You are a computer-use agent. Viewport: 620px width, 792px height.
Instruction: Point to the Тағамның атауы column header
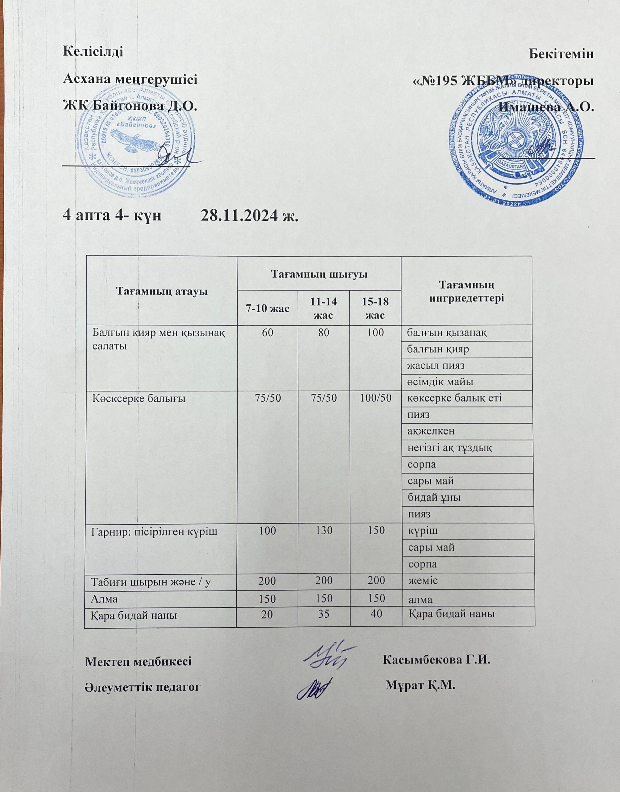point(161,291)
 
